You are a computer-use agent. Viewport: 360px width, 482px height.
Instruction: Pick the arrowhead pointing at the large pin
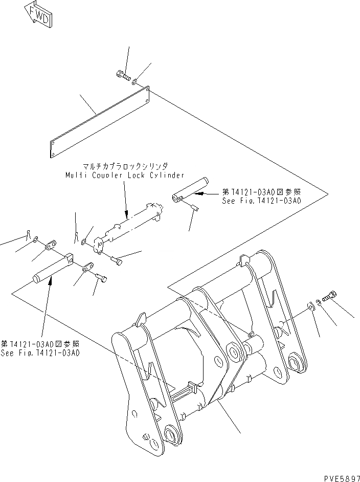point(49,282)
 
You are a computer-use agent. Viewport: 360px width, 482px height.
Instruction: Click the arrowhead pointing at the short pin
point(200,194)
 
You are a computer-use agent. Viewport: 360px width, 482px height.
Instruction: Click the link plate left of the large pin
point(50,248)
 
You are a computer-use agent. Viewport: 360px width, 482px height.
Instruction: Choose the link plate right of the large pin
point(87,267)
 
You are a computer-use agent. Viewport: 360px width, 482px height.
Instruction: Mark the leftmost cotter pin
point(27,236)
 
